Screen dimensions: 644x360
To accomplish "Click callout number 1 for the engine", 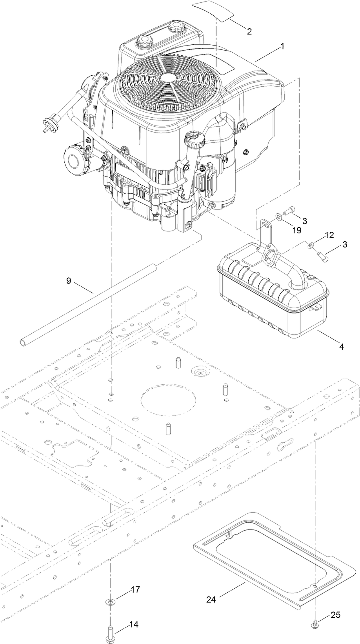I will click(282, 46).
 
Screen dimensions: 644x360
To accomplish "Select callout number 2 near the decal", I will click(249, 32).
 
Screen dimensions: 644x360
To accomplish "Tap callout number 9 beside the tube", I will click(68, 281).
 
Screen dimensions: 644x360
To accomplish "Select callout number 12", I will click(329, 235).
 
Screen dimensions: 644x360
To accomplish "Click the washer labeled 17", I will click(111, 601).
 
